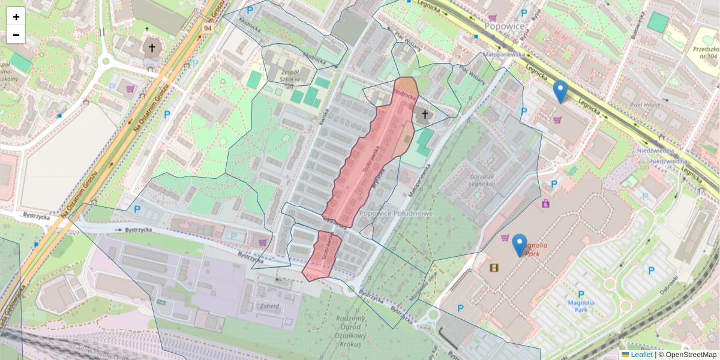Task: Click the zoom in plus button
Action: [16, 16]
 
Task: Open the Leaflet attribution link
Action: [641, 355]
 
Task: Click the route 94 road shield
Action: [208, 28]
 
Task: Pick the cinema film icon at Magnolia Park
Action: [494, 268]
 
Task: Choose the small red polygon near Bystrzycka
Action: [322, 256]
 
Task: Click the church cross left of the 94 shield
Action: [152, 48]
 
